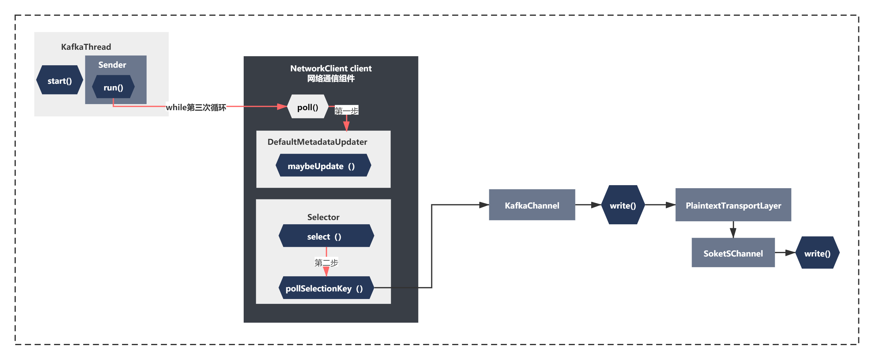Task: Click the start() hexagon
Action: click(59, 80)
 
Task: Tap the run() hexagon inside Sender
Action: click(113, 87)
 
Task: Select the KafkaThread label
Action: click(86, 47)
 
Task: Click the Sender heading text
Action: click(112, 64)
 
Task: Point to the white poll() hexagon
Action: click(307, 107)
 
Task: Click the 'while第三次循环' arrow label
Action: click(196, 107)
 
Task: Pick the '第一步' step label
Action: click(346, 110)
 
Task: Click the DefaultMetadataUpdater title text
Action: click(317, 142)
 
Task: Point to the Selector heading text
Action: click(323, 217)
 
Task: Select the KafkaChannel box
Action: click(532, 205)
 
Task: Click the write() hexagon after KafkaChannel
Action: click(623, 205)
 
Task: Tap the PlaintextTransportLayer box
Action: click(733, 205)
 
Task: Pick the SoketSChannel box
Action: click(733, 253)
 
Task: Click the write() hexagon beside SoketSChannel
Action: click(817, 253)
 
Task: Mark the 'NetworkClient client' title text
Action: click(331, 69)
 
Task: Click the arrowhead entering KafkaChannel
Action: click(484, 205)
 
